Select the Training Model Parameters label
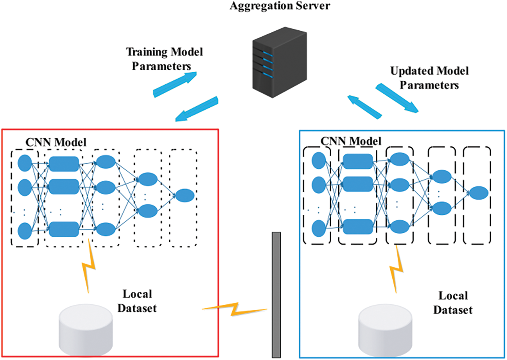pyautogui.click(x=164, y=58)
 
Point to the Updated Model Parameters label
pyautogui.click(x=429, y=78)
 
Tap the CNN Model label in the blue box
pyautogui.click(x=351, y=141)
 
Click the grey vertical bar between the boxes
pyautogui.click(x=276, y=295)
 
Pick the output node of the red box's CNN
pyautogui.click(x=185, y=195)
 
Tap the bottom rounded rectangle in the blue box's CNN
pyautogui.click(x=358, y=226)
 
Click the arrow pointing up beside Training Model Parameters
pyautogui.click(x=175, y=84)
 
